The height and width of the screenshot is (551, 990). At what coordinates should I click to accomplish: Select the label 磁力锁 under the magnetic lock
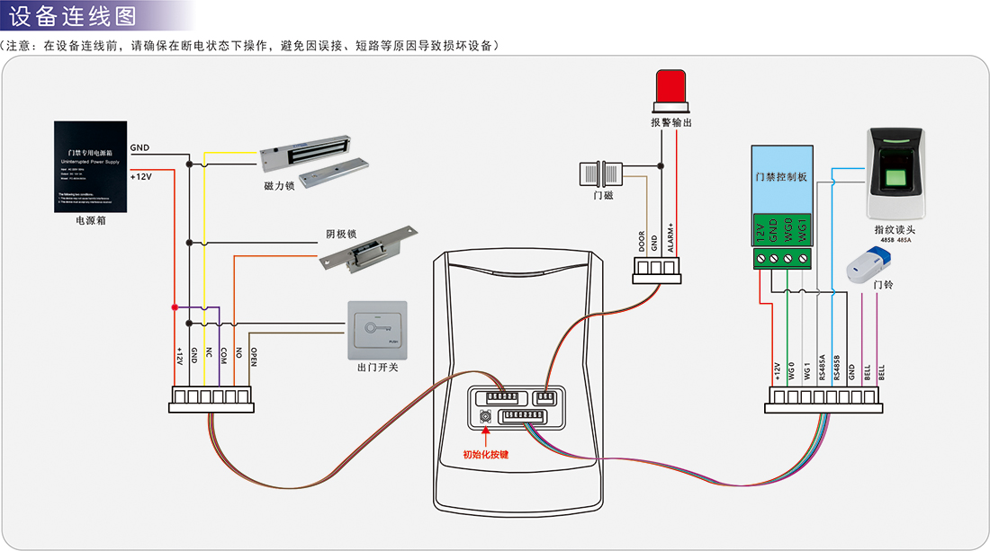(280, 185)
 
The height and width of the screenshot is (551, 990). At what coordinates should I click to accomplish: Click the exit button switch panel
(377, 330)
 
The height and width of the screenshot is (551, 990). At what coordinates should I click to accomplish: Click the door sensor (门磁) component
(602, 171)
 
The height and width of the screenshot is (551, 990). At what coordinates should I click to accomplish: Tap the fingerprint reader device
(895, 173)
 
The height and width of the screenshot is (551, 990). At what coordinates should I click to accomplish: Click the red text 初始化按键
(486, 455)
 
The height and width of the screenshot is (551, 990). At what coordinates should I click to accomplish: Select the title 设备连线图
(72, 15)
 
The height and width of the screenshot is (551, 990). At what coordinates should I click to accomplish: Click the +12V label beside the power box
(141, 176)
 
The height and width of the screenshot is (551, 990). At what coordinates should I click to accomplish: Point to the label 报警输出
(671, 121)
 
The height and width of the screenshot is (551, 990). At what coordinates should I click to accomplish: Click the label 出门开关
(377, 368)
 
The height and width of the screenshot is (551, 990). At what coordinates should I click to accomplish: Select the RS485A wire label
(822, 369)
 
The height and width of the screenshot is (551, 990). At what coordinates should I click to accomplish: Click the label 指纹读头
(895, 229)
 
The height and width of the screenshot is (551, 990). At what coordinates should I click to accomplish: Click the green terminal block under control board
(782, 258)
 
